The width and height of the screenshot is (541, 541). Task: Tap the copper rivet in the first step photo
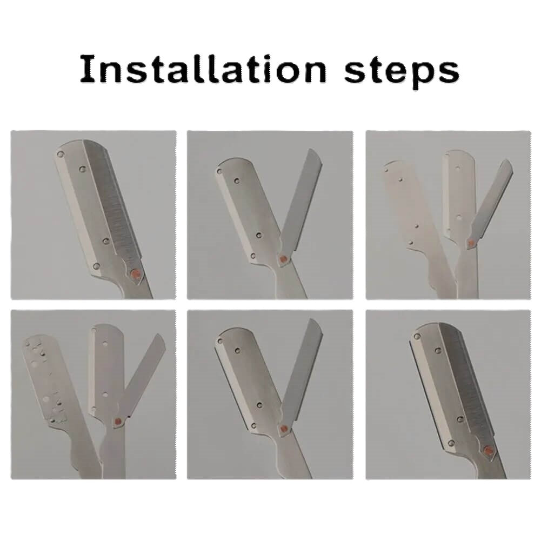pyautogui.click(x=136, y=275)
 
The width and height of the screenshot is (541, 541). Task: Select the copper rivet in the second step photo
pyautogui.click(x=282, y=260)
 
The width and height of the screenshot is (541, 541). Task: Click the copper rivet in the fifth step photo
pyautogui.click(x=283, y=430)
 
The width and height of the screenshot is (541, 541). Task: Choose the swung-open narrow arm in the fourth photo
pyautogui.click(x=142, y=378)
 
